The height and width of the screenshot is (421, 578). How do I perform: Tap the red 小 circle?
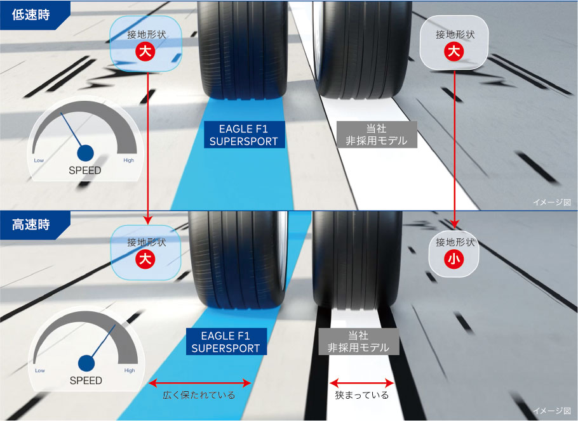[x=454, y=259]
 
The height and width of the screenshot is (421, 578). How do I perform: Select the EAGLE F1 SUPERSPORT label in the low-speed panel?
[x=244, y=135]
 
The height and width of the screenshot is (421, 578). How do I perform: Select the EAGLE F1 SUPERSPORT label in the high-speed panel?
[x=226, y=342]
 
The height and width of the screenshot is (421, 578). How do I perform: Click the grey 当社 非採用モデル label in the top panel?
[x=377, y=134]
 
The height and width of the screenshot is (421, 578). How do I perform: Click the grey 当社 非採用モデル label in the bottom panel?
[x=359, y=342]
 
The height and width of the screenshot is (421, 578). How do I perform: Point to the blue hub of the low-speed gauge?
[x=85, y=153]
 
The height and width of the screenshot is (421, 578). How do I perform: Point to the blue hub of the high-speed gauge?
[x=86, y=363]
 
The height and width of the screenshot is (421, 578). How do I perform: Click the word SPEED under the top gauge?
[x=84, y=171]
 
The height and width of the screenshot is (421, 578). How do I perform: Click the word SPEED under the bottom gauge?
[x=86, y=380]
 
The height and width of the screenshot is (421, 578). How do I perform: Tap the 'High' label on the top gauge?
[x=129, y=160]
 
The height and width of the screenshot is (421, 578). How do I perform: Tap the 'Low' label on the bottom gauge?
[x=40, y=370]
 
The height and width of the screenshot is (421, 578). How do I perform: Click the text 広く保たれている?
[x=199, y=395]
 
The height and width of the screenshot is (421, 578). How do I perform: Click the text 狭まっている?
[x=362, y=395]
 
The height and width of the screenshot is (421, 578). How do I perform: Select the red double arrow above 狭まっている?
[x=361, y=383]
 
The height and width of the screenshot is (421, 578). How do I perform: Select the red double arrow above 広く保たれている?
[x=200, y=383]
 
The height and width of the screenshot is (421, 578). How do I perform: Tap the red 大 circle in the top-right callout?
[x=454, y=51]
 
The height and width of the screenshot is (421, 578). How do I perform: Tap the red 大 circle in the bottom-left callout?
[x=145, y=259]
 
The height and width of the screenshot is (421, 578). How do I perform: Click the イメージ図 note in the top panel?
[x=552, y=202]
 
